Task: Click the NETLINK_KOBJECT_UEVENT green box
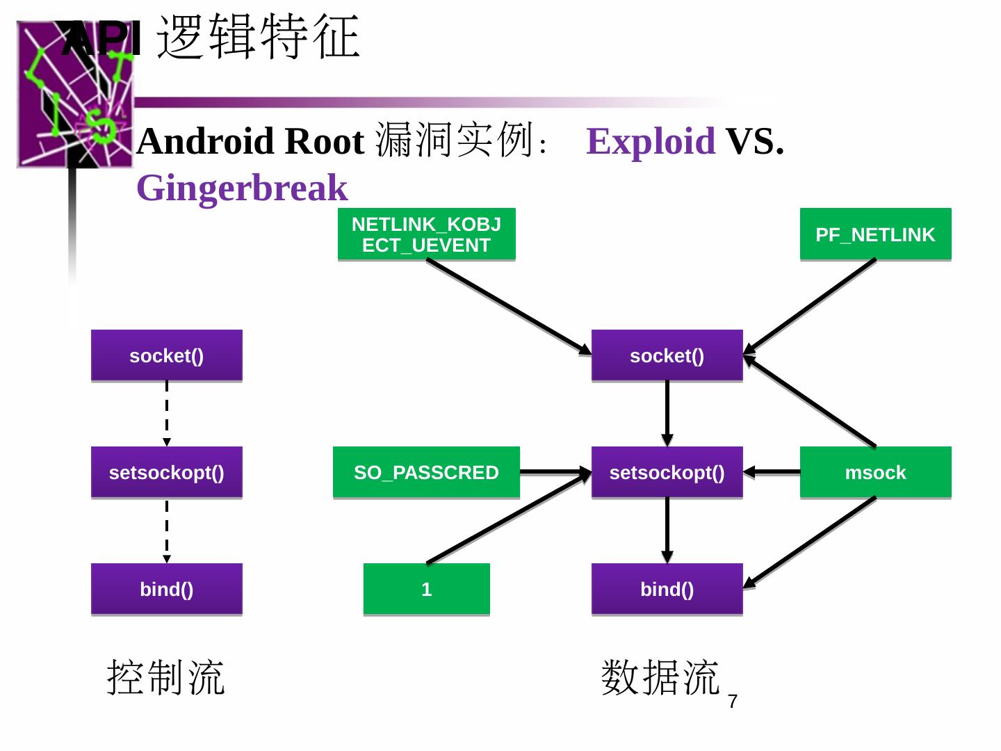coord(426,234)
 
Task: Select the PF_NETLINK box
coord(875,234)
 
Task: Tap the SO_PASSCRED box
coord(426,472)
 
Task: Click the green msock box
coord(875,472)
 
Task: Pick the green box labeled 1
coord(426,589)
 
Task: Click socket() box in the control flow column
coord(166,355)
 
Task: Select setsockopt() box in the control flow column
coord(166,472)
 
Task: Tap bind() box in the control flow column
coord(166,589)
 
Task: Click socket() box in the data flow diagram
coord(667,355)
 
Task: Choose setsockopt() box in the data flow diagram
coord(667,472)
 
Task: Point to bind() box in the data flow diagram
coord(667,589)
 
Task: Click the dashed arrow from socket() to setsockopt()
coord(166,414)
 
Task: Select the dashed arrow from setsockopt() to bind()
coord(166,531)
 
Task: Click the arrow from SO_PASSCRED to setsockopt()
coord(555,472)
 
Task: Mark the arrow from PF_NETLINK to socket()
coord(809,307)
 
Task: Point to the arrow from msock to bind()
coord(809,542)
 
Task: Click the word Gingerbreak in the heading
coord(242,188)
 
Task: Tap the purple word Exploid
coord(651,141)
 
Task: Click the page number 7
coord(733,702)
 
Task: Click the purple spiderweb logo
coord(75,95)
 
